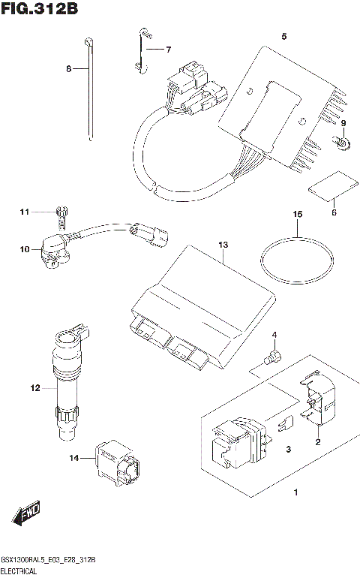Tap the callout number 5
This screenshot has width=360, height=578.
tap(283, 36)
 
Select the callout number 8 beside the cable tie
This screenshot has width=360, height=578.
tap(68, 68)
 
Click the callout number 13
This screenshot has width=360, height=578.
tap(222, 245)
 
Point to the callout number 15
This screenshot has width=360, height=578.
tap(297, 215)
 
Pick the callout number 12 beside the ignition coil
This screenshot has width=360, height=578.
tap(34, 388)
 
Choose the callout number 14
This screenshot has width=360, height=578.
tap(73, 457)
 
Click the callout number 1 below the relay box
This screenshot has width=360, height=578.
tap(295, 492)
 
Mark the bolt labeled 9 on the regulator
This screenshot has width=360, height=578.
tap(339, 140)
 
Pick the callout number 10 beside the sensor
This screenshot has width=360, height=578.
tap(24, 249)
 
